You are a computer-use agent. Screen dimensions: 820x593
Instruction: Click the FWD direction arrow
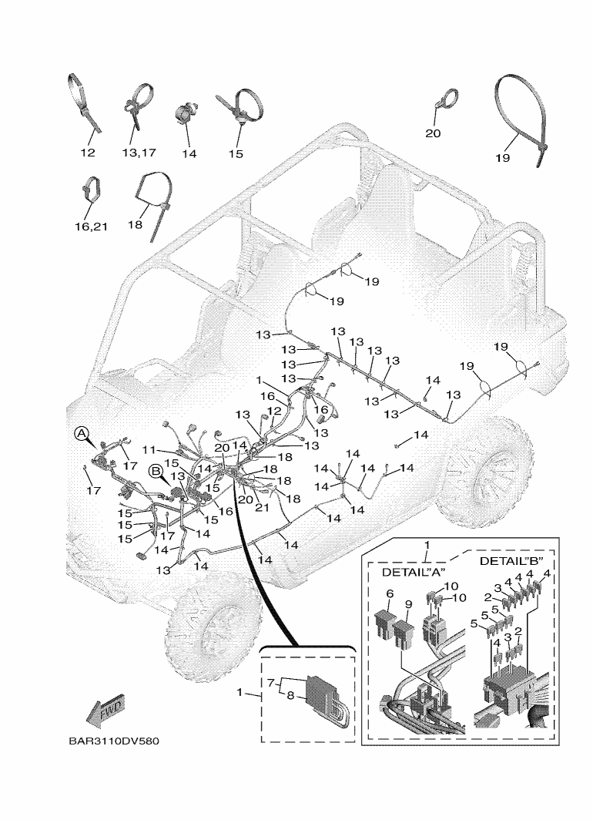[106, 710]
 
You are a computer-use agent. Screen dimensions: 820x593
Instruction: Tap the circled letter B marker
[155, 470]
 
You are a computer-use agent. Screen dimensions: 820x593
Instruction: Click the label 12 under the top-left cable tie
[88, 153]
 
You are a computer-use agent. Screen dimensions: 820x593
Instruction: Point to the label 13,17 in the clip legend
[139, 153]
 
